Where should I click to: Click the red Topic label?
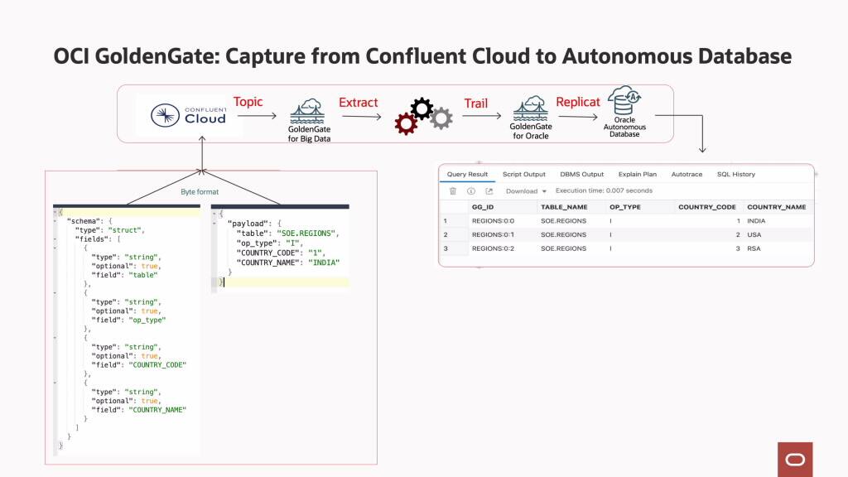[x=248, y=102]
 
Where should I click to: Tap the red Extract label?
[x=358, y=103]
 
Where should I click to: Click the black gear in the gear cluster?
[x=422, y=108]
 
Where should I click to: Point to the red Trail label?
[x=475, y=104]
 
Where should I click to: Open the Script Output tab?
[x=523, y=175]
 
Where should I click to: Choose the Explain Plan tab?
[x=637, y=175]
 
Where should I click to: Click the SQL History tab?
[x=735, y=175]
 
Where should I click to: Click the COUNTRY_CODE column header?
[x=706, y=207]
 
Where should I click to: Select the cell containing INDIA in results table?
[x=756, y=221]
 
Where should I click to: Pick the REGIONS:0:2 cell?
[x=493, y=248]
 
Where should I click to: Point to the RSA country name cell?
[x=753, y=248]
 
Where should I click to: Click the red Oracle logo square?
[x=795, y=459]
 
